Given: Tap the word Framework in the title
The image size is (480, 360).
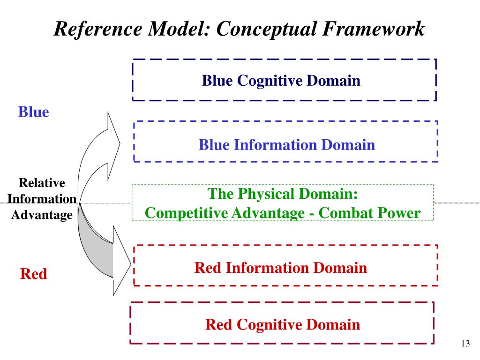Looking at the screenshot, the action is [374, 29].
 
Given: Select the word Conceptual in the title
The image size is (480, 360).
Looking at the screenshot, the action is [266, 30].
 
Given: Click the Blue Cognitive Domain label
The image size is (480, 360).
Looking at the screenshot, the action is [281, 81].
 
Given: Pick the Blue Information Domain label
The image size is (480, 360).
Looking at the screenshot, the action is [287, 145].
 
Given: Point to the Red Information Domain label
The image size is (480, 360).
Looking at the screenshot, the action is [281, 268].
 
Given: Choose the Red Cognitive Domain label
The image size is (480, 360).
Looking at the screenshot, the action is [283, 325].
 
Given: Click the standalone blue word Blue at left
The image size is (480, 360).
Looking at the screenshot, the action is [34, 112].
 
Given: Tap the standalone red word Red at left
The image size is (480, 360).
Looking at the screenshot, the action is [34, 274].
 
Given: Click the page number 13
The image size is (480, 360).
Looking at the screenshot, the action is [465, 344].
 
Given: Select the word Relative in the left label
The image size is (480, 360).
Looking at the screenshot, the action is [42, 183].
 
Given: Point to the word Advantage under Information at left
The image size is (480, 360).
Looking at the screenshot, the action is [42, 215].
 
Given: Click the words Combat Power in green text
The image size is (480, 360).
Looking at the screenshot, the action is [369, 213].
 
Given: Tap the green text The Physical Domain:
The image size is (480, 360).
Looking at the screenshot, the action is [283, 194].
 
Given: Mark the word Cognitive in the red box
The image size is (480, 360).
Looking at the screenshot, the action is [269, 325].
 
